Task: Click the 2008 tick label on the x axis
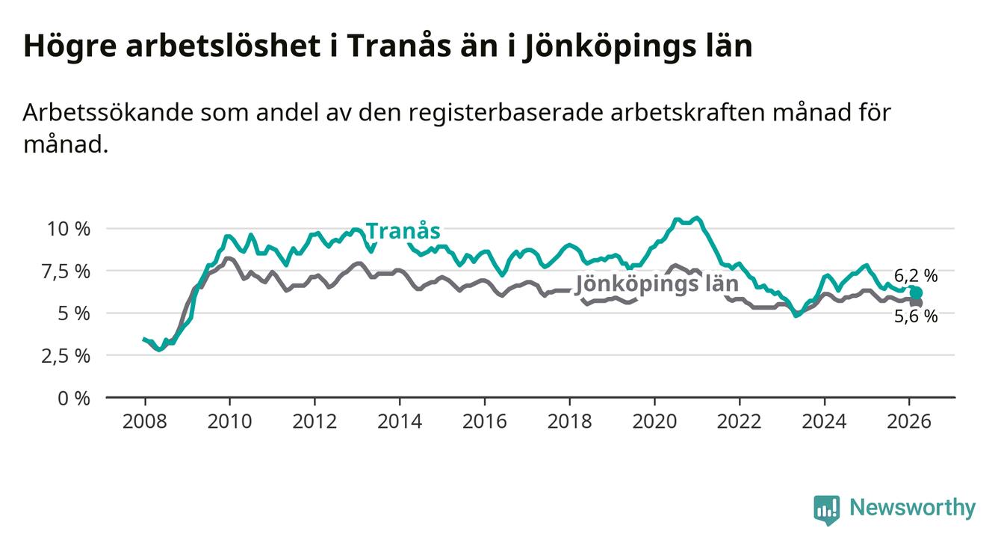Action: point(144,420)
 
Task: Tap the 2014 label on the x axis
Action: point(400,420)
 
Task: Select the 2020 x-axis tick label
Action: point(654,420)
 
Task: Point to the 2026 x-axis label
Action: point(909,420)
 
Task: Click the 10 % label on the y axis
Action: point(69,228)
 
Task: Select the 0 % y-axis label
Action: point(74,398)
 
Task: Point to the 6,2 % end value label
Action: point(915,276)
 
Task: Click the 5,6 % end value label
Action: point(915,316)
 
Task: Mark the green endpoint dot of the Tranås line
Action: point(916,292)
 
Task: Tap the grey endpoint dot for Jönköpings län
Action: point(917,302)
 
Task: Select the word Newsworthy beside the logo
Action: point(912,509)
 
